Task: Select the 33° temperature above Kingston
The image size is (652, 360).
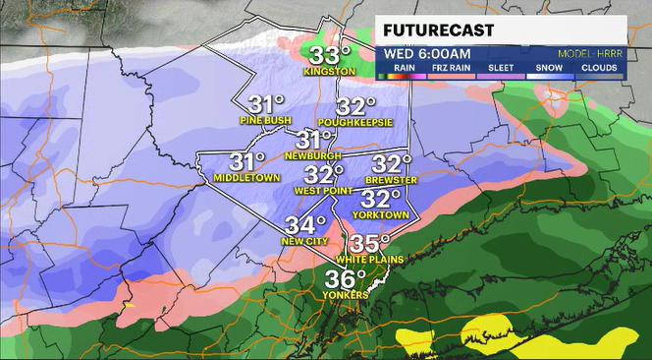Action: point(331,54)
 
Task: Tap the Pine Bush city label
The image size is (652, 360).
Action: point(265,120)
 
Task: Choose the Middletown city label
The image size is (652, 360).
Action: point(245,178)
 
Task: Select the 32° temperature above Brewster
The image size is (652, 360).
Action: point(392,163)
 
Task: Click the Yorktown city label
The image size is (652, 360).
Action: point(381,214)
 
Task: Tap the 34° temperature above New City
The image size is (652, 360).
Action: point(304,225)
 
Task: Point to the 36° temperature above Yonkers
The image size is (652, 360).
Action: point(346,278)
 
